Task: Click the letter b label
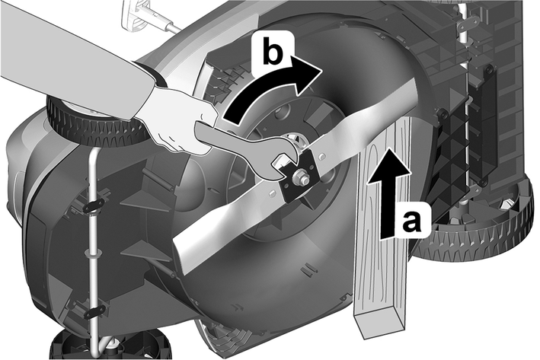click(272, 53)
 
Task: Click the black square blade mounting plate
click(299, 177)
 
